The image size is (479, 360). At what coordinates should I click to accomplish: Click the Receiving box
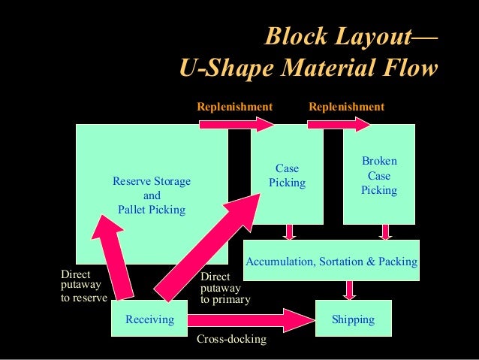[x=149, y=319]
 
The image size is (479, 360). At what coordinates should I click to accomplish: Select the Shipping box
[x=353, y=319]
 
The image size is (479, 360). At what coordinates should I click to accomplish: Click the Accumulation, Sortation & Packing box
[x=331, y=261]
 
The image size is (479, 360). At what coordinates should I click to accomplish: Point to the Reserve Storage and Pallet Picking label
[x=151, y=195]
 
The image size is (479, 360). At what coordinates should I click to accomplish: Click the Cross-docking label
[x=231, y=340]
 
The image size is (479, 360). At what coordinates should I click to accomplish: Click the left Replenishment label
[x=234, y=107]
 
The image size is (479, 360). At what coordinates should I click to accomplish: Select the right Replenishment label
[x=346, y=107]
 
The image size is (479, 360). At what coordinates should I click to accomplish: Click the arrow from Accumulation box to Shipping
[x=349, y=289]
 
